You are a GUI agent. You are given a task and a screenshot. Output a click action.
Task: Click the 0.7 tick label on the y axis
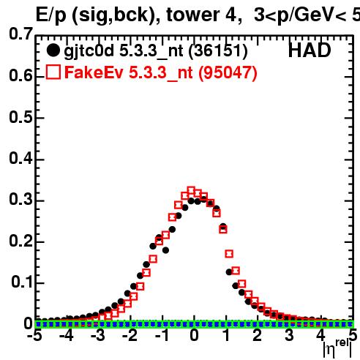point(20,34)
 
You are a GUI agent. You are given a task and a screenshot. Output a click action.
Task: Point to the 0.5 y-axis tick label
point(20,117)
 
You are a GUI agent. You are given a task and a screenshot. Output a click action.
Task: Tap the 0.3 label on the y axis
point(20,199)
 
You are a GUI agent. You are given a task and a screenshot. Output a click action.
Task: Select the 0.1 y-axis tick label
point(22,282)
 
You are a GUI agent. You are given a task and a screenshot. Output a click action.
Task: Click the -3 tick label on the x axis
point(98,336)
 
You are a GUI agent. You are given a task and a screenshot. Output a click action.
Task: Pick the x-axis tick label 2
point(258,336)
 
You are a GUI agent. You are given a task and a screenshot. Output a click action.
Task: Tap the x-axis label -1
point(162,336)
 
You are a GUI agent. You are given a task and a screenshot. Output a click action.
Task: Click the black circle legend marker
point(53,50)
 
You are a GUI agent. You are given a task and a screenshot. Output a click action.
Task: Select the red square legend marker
point(53,72)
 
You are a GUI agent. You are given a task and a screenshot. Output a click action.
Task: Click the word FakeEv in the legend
point(94,72)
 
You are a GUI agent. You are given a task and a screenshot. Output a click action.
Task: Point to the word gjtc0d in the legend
point(89,52)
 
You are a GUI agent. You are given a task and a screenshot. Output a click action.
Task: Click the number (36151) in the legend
point(218,51)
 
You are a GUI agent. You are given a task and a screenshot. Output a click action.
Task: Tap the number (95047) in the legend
point(228,72)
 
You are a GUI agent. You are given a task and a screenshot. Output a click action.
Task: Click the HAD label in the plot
point(310,50)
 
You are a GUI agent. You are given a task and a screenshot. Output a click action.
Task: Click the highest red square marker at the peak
point(191,190)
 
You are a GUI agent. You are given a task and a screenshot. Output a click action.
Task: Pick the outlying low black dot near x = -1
point(165,250)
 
